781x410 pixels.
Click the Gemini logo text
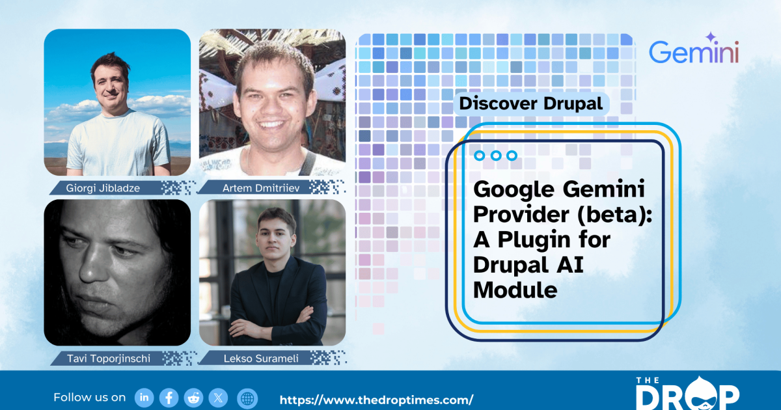pyautogui.click(x=694, y=52)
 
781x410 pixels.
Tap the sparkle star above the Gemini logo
pyautogui.click(x=710, y=38)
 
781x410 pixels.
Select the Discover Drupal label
pyautogui.click(x=530, y=103)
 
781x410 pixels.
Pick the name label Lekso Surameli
pyautogui.click(x=257, y=358)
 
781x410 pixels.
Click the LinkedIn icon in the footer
pyautogui.click(x=144, y=398)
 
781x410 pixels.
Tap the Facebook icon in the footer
pyautogui.click(x=169, y=398)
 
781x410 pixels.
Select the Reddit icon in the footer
pyautogui.click(x=194, y=398)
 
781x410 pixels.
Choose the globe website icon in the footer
pyautogui.click(x=247, y=398)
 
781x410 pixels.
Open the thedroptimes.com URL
pyautogui.click(x=376, y=400)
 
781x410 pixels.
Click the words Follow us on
pyautogui.click(x=90, y=397)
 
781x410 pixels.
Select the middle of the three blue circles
pyautogui.click(x=496, y=156)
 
